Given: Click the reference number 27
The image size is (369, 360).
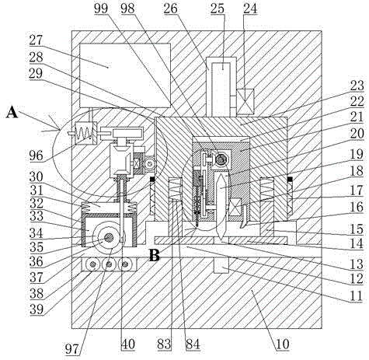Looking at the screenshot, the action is click(x=36, y=40).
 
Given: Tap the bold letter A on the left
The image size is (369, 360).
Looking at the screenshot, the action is click(x=12, y=114).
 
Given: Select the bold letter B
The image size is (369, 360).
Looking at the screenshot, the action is click(x=155, y=256).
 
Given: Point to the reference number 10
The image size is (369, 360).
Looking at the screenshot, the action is click(x=283, y=344).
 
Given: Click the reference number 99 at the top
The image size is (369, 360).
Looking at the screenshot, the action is click(x=101, y=9).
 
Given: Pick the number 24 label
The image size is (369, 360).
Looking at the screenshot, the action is click(x=250, y=9).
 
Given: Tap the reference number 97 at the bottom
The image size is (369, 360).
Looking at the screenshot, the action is click(x=71, y=349).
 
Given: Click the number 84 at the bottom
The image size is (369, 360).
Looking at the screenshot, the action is click(x=193, y=344).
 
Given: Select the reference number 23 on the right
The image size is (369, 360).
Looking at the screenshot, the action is click(x=357, y=86).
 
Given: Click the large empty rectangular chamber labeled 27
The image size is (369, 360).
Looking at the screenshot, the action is click(x=125, y=75).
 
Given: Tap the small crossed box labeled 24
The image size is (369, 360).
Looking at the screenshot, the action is click(x=245, y=102).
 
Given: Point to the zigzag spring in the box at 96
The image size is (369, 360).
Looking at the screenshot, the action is click(x=85, y=133).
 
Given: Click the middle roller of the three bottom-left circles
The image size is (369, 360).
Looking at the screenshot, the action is click(x=110, y=264).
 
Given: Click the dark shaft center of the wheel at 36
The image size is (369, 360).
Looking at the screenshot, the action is click(x=109, y=237).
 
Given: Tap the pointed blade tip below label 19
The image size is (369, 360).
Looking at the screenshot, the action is click(x=221, y=240).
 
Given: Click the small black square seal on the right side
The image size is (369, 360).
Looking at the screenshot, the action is click(x=290, y=179).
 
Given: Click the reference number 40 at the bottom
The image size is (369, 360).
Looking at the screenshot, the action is click(x=128, y=344).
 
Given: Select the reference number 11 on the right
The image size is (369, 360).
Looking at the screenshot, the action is click(x=357, y=296).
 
